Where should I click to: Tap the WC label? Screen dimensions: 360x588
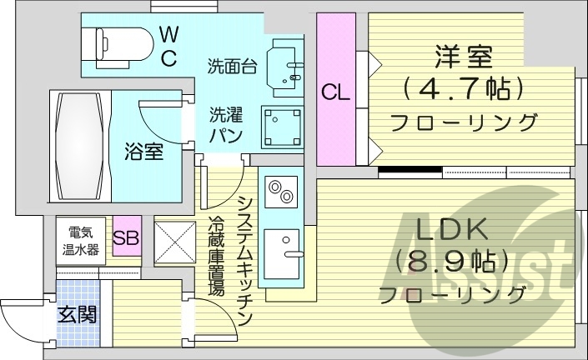click(168, 46)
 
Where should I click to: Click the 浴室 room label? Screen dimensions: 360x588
click(143, 152)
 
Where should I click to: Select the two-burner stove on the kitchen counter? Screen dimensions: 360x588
click(279, 191)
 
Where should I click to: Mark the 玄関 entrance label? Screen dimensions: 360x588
click(77, 314)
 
